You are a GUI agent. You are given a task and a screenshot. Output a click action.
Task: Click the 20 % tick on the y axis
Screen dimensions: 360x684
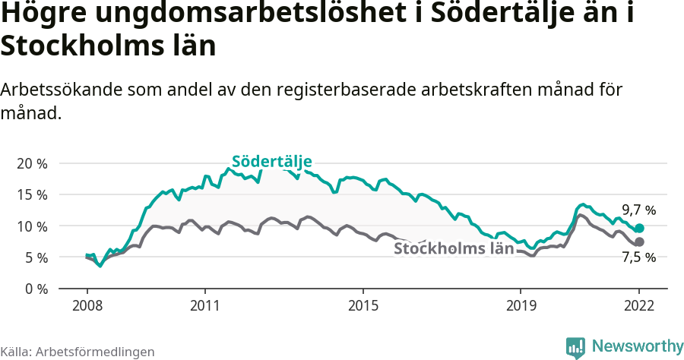(32, 163)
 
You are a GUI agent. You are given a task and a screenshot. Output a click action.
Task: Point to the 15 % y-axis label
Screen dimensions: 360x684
(32, 194)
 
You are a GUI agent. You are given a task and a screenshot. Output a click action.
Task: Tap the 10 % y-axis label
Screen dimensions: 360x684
(32, 226)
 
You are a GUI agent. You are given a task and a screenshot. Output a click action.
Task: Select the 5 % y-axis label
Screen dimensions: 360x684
(35, 257)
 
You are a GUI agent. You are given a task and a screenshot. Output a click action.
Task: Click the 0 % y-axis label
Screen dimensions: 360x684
(35, 289)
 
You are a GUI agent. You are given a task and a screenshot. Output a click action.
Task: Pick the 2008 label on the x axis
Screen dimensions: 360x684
(87, 305)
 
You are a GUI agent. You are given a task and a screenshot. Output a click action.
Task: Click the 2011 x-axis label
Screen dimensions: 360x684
(205, 305)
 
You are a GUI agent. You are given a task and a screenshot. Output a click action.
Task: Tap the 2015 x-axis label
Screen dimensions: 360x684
(363, 305)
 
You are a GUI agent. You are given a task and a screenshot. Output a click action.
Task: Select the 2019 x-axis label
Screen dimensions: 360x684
(521, 305)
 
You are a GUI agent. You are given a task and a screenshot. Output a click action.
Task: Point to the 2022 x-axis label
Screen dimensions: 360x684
(639, 305)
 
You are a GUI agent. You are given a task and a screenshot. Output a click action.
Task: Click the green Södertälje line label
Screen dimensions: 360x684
(271, 161)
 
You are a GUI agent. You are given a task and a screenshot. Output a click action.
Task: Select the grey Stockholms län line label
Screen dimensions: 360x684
(454, 248)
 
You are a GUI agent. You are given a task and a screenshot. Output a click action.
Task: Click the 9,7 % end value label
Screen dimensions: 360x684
(638, 210)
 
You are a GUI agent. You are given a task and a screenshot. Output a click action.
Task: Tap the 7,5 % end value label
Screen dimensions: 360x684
(638, 257)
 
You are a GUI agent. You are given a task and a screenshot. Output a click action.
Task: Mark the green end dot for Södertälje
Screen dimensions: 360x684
(639, 228)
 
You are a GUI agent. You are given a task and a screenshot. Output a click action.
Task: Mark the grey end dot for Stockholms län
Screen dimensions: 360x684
(639, 242)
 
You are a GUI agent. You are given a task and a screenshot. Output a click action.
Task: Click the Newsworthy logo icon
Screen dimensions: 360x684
(575, 346)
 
